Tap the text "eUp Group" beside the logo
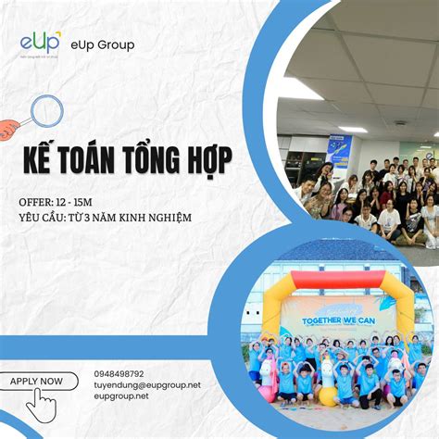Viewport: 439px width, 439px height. [x=102, y=44]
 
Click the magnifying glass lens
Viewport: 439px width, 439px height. [x=46, y=112]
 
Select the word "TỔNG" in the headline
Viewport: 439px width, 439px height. [x=159, y=159]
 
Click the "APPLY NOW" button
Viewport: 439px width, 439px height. [x=37, y=381]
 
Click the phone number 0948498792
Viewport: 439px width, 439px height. [x=119, y=374]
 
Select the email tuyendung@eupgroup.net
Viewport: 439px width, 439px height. [x=146, y=385]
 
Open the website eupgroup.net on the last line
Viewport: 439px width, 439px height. [x=120, y=396]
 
